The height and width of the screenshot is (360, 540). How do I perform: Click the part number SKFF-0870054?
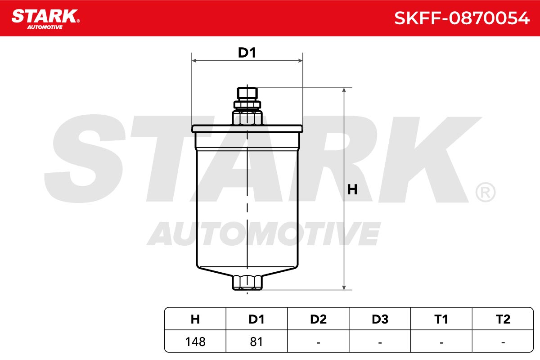(x=462, y=18)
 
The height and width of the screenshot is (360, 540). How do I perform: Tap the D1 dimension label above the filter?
(x=247, y=53)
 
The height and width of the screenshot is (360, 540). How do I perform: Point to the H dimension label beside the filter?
(x=352, y=189)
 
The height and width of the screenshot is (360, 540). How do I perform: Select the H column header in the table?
(x=195, y=319)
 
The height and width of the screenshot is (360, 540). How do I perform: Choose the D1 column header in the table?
(x=256, y=319)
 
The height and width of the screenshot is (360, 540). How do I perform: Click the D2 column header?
(x=318, y=319)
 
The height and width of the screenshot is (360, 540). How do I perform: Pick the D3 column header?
(x=380, y=319)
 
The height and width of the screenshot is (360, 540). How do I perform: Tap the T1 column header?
(x=441, y=319)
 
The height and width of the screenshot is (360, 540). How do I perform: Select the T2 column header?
(x=503, y=319)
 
